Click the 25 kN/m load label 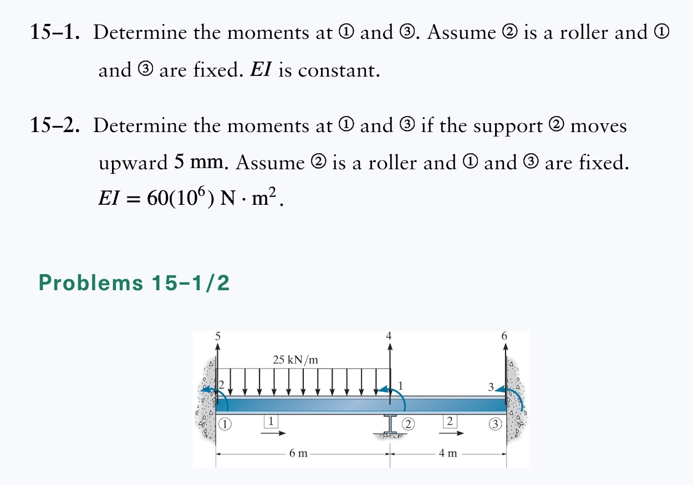tap(295, 359)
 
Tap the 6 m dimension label tap(298, 453)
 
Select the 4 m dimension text tap(448, 453)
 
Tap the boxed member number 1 tap(270, 421)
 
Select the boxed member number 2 tap(450, 421)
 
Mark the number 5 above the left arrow tap(218, 336)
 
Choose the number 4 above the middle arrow tap(389, 336)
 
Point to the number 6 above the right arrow tap(504, 336)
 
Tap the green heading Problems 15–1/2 tap(134, 283)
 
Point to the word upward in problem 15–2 tap(133, 164)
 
